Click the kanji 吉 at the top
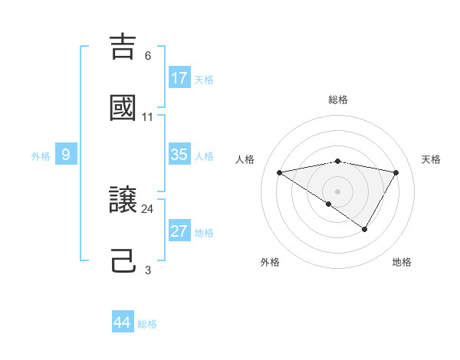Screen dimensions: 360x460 [x=123, y=46]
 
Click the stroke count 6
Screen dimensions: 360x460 [x=148, y=55]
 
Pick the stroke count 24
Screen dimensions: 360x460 [x=148, y=208]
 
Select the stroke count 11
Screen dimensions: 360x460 [x=148, y=117]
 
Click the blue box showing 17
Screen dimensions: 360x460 [x=179, y=78]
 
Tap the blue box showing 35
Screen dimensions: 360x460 [x=179, y=155]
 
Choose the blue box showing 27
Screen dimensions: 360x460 [x=179, y=231]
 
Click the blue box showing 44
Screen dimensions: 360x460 [x=122, y=322]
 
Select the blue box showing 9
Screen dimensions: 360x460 [x=66, y=155]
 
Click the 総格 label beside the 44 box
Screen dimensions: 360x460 [x=147, y=324]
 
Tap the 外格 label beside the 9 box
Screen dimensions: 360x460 [x=41, y=156]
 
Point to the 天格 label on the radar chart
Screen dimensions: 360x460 [x=432, y=159]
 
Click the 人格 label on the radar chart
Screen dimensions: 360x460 [x=245, y=159]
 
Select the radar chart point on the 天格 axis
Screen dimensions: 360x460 [x=396, y=172]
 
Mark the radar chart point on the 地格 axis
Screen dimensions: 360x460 [x=365, y=229]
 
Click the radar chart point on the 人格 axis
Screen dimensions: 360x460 [x=279, y=172]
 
